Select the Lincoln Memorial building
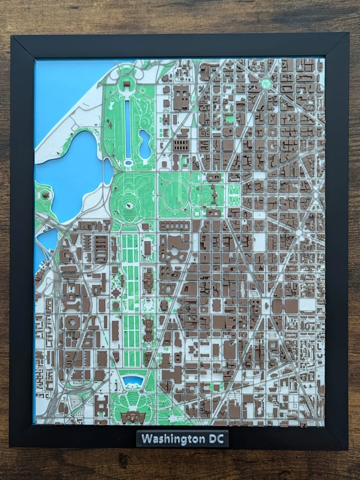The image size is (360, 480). [x=127, y=84]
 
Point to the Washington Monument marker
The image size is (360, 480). [x=128, y=206]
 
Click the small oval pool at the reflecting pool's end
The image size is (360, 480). [x=128, y=163]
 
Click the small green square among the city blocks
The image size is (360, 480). [x=229, y=119]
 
